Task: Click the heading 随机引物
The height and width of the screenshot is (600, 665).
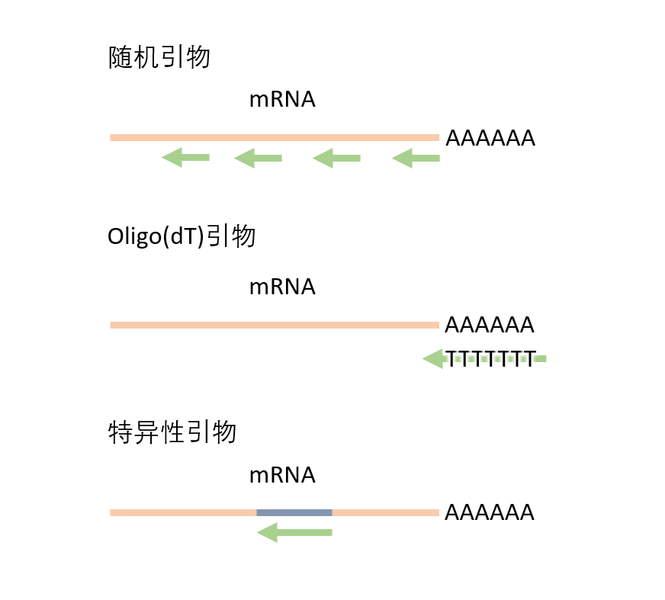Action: click(159, 58)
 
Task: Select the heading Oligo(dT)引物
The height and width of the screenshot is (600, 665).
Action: click(182, 237)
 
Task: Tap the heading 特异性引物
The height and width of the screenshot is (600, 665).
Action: click(172, 433)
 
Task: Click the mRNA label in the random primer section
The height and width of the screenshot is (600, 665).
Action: click(282, 100)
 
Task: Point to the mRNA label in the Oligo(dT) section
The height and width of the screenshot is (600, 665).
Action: click(282, 287)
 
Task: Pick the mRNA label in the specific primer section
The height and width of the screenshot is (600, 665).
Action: click(282, 475)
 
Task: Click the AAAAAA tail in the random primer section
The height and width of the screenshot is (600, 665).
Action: click(490, 139)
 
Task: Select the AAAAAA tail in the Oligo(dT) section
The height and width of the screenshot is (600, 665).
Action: click(489, 326)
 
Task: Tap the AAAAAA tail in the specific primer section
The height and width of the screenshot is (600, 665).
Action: click(489, 512)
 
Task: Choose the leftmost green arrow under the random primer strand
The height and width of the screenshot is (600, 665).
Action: click(185, 158)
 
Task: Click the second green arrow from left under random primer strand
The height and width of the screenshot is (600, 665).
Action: click(258, 158)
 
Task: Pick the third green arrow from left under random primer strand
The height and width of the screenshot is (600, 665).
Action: click(336, 158)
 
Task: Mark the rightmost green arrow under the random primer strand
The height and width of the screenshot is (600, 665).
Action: click(416, 158)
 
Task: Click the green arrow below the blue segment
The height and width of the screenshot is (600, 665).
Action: click(294, 532)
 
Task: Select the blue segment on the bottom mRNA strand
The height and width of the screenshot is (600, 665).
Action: click(294, 512)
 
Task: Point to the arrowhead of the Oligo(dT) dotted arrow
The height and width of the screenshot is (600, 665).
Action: click(433, 358)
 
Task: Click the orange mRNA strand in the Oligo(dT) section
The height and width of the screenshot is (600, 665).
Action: click(275, 325)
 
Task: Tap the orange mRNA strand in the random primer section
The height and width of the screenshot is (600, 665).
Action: click(275, 137)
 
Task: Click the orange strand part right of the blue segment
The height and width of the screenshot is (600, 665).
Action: click(385, 512)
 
